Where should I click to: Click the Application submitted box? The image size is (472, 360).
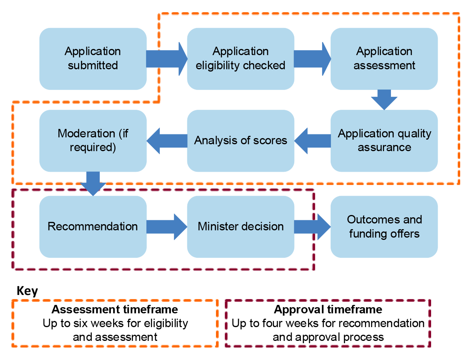click(93, 59)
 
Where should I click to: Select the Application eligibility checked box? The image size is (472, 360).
click(240, 59)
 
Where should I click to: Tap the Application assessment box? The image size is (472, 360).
click(384, 59)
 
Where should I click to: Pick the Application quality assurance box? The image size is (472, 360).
click(384, 140)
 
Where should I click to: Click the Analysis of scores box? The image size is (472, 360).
click(240, 140)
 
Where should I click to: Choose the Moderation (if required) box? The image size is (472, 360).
click(93, 140)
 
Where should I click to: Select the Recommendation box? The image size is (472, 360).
click(93, 226)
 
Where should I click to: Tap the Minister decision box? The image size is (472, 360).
click(240, 226)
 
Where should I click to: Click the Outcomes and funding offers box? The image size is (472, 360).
click(384, 226)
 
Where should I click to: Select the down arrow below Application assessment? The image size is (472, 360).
click(384, 99)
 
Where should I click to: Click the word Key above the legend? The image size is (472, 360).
click(27, 291)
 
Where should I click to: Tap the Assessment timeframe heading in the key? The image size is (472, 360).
click(115, 309)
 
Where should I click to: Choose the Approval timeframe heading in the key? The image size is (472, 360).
click(328, 309)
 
